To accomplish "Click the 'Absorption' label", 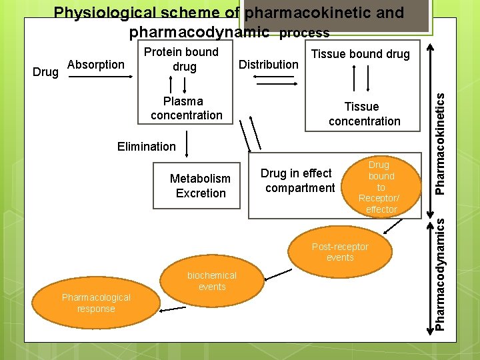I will pos(96,65).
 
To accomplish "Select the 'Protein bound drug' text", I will pos(181,59).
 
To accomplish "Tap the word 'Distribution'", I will pos(269,64).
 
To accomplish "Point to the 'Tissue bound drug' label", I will pos(361,54).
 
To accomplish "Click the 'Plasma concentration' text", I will pos(186,108).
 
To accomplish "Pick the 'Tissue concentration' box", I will pos(364,114).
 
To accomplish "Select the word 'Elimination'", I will pos(146,146).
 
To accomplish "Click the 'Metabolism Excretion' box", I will pos(200,186).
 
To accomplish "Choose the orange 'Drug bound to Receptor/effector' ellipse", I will pos(381,187).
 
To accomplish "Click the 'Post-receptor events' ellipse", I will pos(340,252).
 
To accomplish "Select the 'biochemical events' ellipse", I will pos(212,281).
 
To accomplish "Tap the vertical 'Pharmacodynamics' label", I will pos(441,273).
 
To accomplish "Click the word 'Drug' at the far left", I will pos(45,71).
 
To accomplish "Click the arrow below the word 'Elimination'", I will pos(187,144).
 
